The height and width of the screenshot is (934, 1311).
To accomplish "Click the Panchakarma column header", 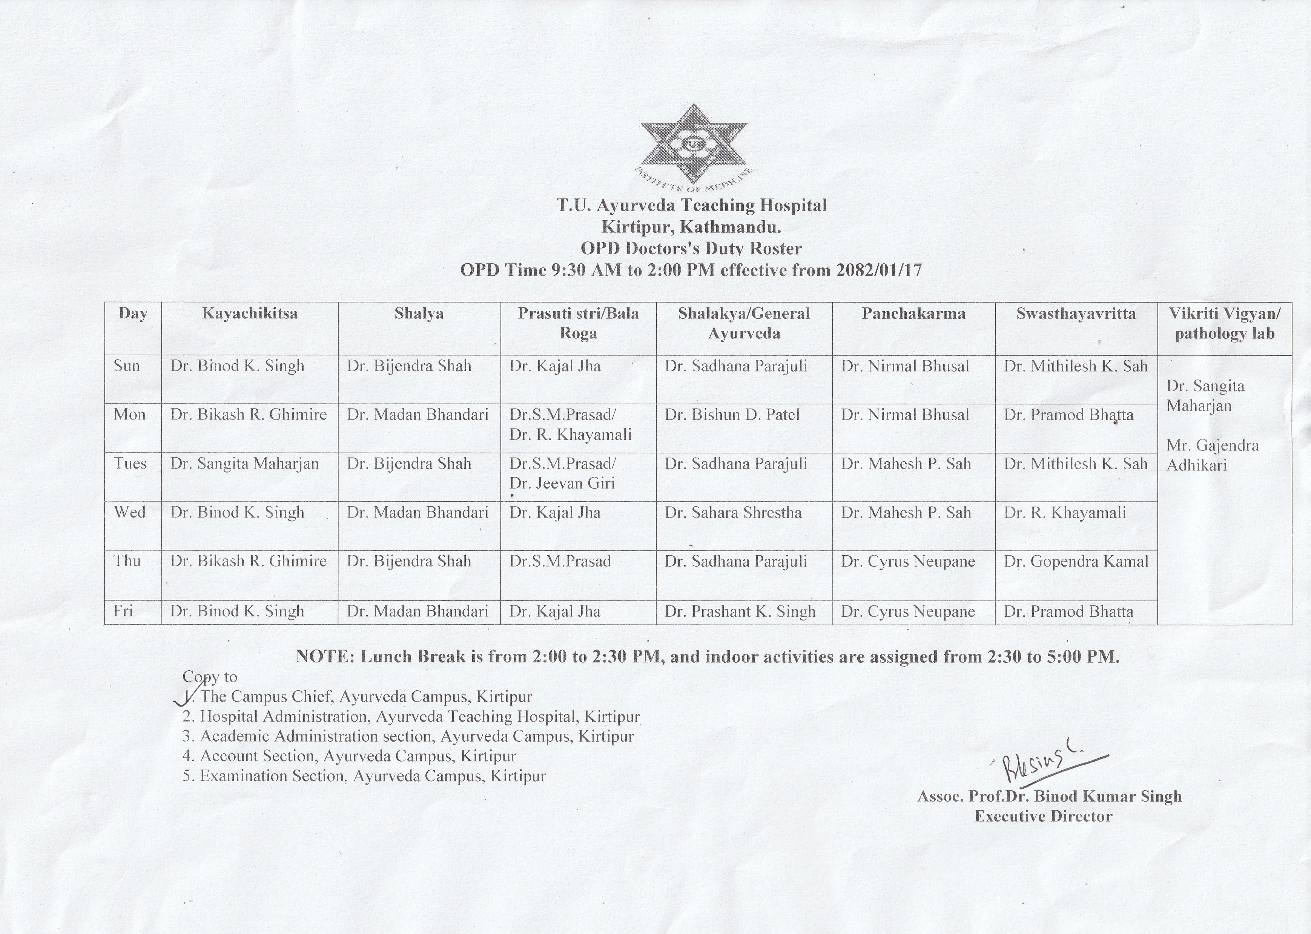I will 913,313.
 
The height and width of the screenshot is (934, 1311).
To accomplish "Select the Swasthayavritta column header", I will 1076,313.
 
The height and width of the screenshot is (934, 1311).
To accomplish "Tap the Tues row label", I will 130,464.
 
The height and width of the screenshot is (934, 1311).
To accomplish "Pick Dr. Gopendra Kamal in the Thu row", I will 1076,561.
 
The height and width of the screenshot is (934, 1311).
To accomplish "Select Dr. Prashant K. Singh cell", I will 740,611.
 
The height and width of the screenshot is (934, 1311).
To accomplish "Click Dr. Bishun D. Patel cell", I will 732,415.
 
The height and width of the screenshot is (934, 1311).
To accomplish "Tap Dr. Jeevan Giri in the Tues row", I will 562,483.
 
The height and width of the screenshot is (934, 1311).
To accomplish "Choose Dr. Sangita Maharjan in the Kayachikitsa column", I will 244,464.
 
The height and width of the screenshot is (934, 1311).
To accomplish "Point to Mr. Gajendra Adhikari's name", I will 1212,455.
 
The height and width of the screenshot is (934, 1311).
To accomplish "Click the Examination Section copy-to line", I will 364,776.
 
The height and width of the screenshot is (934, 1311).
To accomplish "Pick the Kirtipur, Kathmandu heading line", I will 691,227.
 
